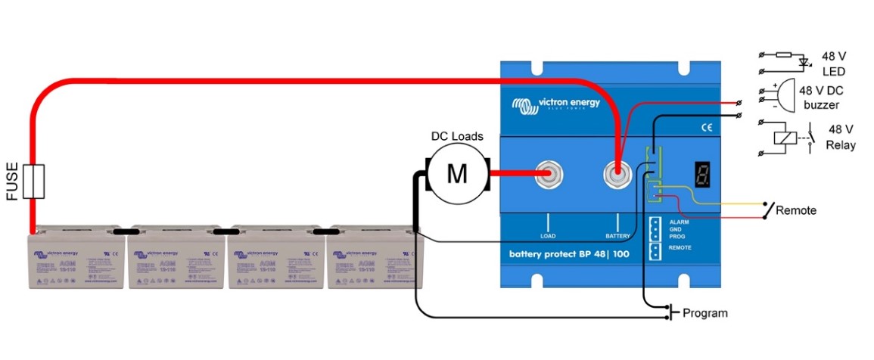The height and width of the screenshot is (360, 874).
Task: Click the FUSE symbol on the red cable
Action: point(33,182)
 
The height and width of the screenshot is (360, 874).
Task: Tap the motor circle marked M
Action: point(457,175)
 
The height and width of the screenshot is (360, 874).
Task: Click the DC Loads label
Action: point(457,137)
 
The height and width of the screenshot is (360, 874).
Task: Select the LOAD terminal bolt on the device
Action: point(549,175)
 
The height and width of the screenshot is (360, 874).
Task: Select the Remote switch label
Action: point(796,210)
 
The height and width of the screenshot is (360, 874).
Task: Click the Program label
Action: point(704,313)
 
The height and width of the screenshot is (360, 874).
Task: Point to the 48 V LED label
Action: point(832,64)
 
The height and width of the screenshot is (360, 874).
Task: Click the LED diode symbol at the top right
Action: point(804,59)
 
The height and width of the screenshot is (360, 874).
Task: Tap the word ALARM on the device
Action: point(679,221)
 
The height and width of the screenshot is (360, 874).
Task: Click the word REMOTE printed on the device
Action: point(681,247)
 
